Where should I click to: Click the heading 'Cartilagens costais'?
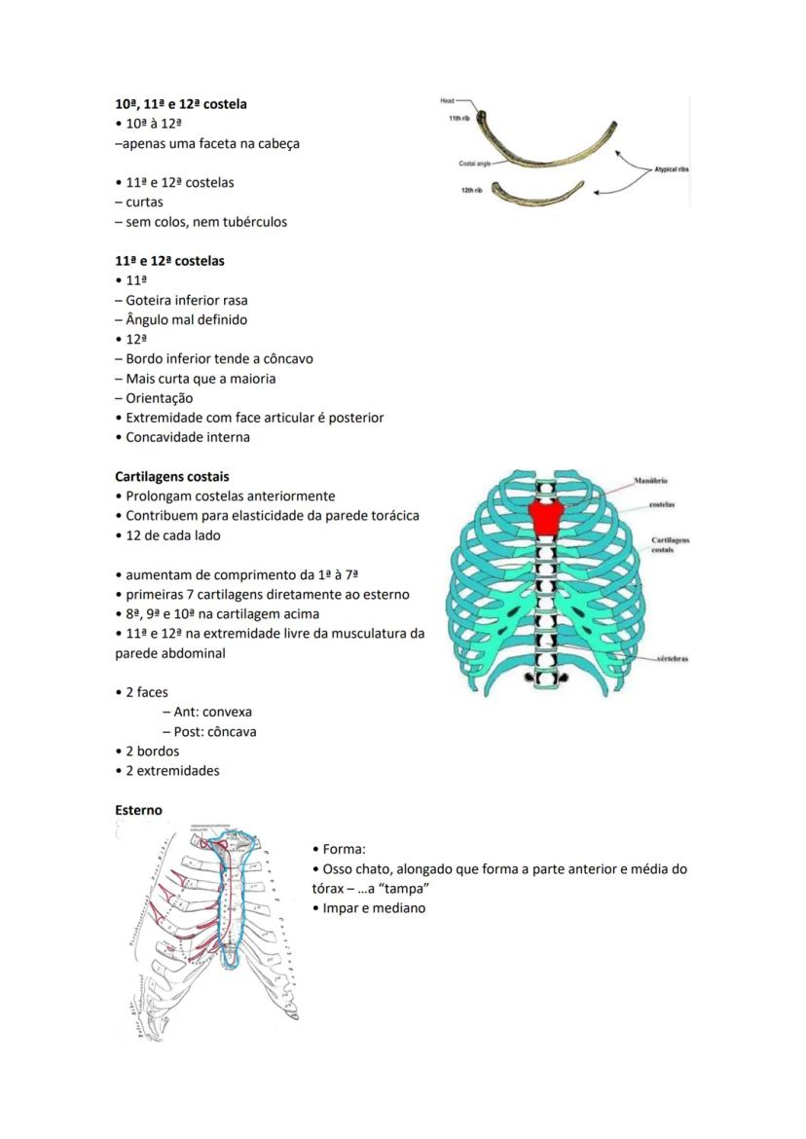[x=172, y=477]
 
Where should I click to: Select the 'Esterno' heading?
[x=138, y=810]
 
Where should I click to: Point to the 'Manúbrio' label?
[x=649, y=481]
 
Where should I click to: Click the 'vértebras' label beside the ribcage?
[x=673, y=659]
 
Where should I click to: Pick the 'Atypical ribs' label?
[x=672, y=168]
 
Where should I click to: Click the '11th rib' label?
[x=460, y=119]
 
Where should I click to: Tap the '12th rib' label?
[x=473, y=189]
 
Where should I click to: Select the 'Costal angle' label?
[x=474, y=164]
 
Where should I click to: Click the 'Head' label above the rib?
[x=447, y=100]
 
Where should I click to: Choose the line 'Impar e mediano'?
[x=374, y=908]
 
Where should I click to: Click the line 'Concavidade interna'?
[x=187, y=437]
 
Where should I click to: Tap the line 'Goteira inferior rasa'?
[x=181, y=300]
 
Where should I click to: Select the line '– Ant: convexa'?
[x=207, y=712]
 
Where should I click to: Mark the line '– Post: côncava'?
[x=209, y=731]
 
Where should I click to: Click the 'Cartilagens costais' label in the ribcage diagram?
[x=671, y=545]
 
